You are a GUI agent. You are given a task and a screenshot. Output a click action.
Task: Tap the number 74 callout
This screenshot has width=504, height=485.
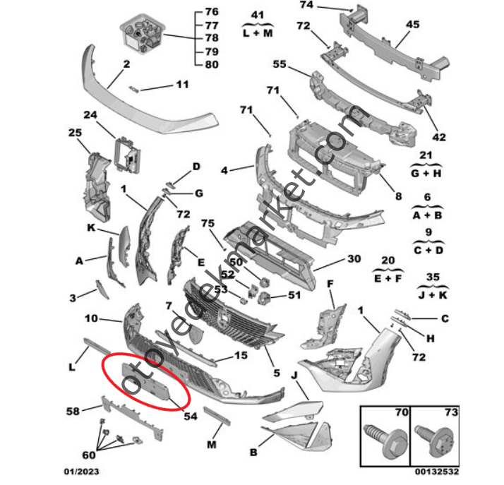pos(306,5)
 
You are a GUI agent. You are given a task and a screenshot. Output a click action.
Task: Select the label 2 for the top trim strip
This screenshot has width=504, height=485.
pos(126,64)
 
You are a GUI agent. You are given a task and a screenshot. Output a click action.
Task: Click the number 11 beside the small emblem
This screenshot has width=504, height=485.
pos(183,85)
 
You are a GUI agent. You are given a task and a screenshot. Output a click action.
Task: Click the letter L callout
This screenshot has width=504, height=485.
pos(72,366)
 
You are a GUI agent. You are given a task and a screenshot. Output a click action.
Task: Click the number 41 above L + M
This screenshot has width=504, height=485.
pos(257,14)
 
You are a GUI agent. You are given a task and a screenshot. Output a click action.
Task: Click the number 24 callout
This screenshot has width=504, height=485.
pos(90,114)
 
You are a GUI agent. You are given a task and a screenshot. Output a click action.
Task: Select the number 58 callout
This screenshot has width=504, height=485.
pos(73,409)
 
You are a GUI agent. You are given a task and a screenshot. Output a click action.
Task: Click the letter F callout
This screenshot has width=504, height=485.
pos(328,283)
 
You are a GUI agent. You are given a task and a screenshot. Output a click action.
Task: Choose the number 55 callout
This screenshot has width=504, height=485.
pos(279,64)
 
